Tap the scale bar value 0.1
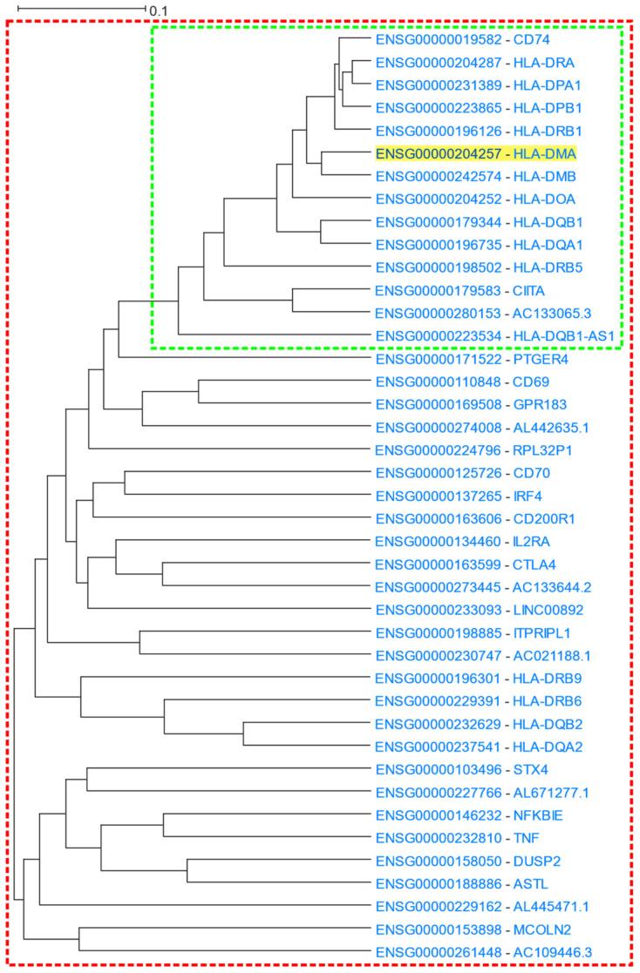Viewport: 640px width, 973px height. point(159,10)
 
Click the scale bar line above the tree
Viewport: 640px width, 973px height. point(81,9)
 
